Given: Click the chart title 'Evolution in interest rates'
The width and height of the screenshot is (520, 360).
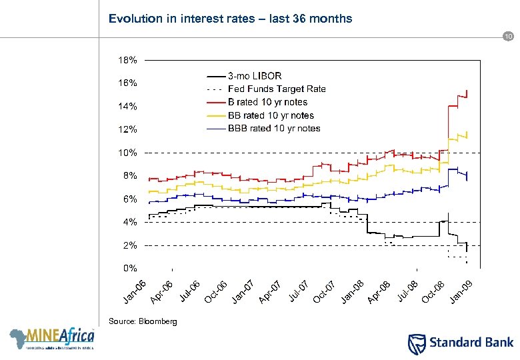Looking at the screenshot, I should point(230,19).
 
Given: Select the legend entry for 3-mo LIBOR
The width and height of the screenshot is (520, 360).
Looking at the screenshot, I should point(255,76).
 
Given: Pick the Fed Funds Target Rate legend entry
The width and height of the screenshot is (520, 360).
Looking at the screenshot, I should point(277,89).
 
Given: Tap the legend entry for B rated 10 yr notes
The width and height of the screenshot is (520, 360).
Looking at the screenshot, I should point(267,102).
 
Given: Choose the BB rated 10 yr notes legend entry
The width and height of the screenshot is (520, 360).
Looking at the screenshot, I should point(271,115).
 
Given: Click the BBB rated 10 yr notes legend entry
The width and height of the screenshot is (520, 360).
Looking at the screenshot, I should point(274,128).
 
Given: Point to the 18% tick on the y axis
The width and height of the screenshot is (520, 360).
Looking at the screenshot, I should point(129,60).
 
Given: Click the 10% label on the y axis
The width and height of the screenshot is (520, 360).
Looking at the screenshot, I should point(129,153).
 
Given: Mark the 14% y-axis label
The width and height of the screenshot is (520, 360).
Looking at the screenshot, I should point(129,106).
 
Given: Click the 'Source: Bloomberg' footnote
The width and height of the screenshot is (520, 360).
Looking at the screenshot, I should point(143,321).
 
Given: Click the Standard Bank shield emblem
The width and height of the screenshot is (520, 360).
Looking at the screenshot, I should point(415,343).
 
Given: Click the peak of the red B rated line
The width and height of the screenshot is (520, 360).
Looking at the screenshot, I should point(467,89).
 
